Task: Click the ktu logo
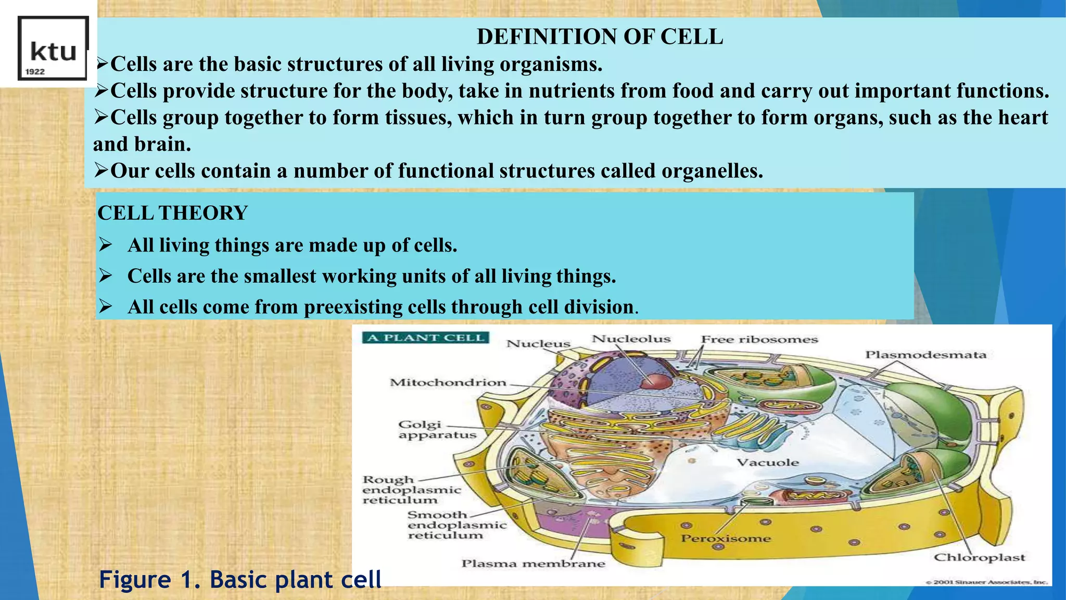pyautogui.click(x=53, y=48)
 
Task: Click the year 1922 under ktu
pyautogui.click(x=35, y=72)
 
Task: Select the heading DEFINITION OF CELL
pyautogui.click(x=600, y=37)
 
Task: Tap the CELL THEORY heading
pyautogui.click(x=172, y=213)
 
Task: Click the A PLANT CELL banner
pyautogui.click(x=426, y=337)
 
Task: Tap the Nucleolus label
pyautogui.click(x=631, y=339)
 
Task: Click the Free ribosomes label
pyautogui.click(x=759, y=340)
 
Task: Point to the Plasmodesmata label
pyautogui.click(x=925, y=355)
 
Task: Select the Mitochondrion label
pyautogui.click(x=448, y=383)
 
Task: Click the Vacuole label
pyautogui.click(x=768, y=463)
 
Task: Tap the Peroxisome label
pyautogui.click(x=726, y=539)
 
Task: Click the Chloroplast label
pyautogui.click(x=979, y=558)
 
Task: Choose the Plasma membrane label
pyautogui.click(x=533, y=564)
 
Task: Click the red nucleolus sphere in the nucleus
pyautogui.click(x=656, y=381)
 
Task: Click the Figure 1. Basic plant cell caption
pyautogui.click(x=240, y=580)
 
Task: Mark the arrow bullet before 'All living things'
pyautogui.click(x=106, y=245)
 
